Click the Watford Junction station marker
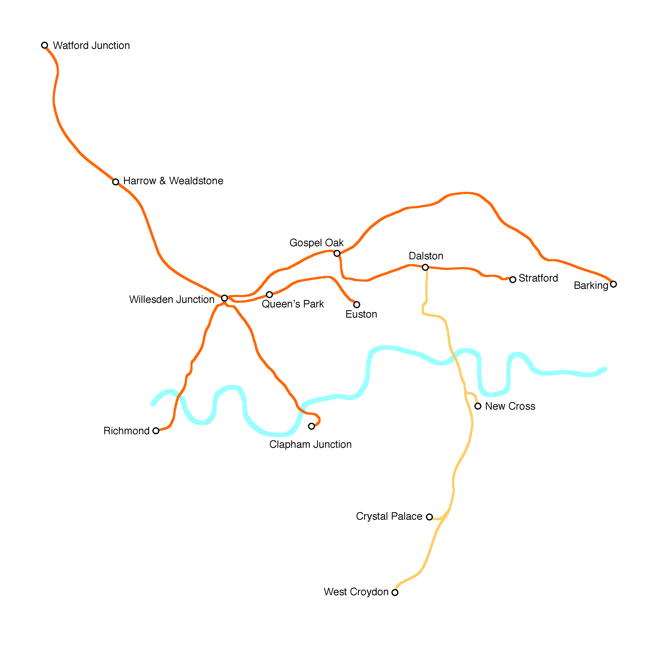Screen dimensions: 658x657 tap(45, 45)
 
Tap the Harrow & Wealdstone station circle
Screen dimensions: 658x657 tap(116, 182)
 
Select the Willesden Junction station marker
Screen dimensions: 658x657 tap(224, 298)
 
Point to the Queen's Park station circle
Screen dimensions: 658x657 tap(269, 294)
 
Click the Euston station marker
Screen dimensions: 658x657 tap(357, 305)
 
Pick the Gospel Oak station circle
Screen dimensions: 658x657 tap(337, 253)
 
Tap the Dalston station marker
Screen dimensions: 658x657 tap(425, 267)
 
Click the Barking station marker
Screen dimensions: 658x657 tap(613, 284)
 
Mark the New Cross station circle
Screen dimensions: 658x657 tap(478, 406)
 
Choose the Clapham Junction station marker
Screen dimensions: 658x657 tap(312, 426)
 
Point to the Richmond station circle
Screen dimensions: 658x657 tap(156, 431)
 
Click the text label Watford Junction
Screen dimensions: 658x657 tap(91, 46)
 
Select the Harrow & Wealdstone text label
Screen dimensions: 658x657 tap(173, 181)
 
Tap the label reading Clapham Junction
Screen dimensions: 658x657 tap(310, 445)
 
